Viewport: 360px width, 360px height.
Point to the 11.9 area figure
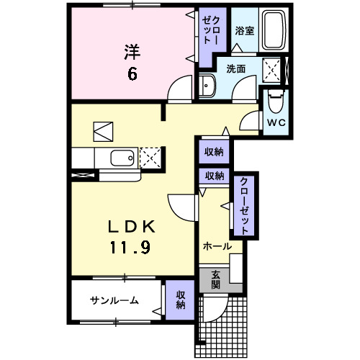(x=130, y=247)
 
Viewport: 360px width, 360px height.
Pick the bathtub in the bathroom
(x=273, y=30)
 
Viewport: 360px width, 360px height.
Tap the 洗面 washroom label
(x=236, y=69)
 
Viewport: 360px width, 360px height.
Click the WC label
(x=276, y=122)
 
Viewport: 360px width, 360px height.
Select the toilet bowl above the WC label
(x=275, y=100)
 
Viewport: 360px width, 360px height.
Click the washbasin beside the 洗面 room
(x=207, y=85)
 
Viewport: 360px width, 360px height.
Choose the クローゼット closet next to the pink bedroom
(x=211, y=32)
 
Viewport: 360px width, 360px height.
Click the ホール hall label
(x=217, y=246)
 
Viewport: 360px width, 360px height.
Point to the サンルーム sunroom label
(x=114, y=300)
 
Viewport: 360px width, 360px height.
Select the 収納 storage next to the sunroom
(x=180, y=300)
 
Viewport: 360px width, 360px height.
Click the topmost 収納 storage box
(x=213, y=152)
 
